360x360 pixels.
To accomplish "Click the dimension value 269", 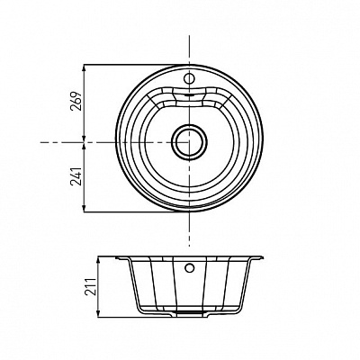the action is (x=76, y=101).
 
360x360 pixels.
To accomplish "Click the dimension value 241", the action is (x=76, y=176).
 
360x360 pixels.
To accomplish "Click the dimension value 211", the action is (x=91, y=287).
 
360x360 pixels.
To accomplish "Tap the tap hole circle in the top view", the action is (x=189, y=78).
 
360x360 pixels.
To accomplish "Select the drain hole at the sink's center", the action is (x=189, y=142).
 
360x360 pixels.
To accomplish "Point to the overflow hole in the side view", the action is (x=189, y=267).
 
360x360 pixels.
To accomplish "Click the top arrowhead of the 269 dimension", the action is (x=85, y=67).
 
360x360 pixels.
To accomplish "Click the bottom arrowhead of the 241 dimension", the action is (x=85, y=209).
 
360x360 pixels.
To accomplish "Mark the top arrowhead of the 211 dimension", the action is (x=99, y=260).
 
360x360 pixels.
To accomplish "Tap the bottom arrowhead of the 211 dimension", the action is (x=99, y=313).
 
